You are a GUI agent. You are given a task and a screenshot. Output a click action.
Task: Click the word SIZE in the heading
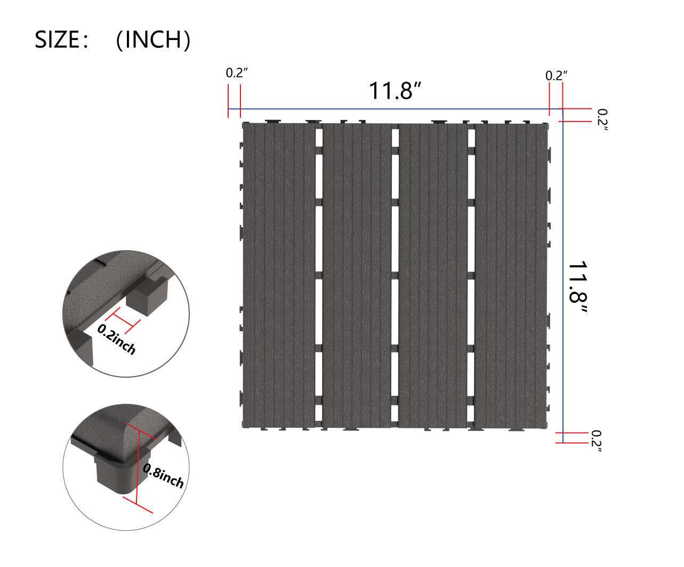pos(58,40)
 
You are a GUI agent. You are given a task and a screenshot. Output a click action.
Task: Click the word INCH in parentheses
pos(153,40)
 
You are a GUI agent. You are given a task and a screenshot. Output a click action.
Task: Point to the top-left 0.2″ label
pos(237,74)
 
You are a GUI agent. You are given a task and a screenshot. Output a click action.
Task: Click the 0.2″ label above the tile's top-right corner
pos(556,76)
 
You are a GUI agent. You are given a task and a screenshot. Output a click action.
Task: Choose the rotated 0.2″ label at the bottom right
pos(596,441)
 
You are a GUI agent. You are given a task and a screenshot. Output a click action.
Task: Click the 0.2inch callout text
pos(117,338)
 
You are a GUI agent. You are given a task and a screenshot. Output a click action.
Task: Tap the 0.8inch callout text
pos(163,476)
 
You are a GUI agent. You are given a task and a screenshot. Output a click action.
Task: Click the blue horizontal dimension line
pos(395,109)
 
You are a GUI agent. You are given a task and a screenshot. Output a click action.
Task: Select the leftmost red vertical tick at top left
pos(229,101)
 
